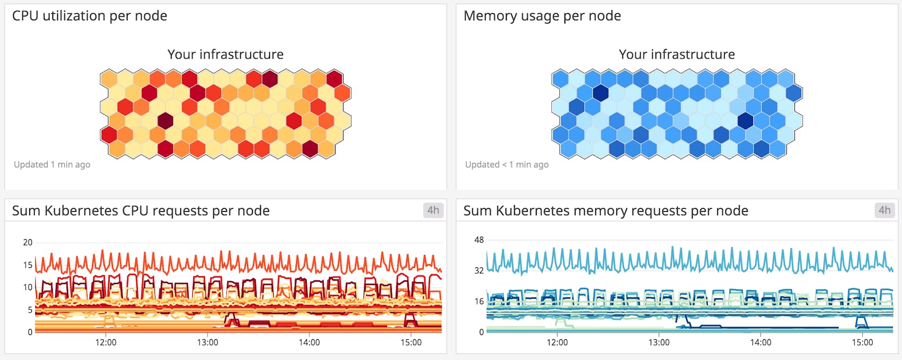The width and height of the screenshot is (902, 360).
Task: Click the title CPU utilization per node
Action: (89, 16)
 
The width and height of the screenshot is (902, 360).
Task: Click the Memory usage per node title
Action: (542, 16)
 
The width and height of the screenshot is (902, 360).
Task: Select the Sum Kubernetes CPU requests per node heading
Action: (141, 211)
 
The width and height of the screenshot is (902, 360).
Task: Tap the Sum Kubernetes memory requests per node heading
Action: (605, 211)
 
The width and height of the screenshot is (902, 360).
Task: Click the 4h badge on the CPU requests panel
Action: (433, 210)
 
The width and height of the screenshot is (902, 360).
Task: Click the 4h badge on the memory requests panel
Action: (884, 210)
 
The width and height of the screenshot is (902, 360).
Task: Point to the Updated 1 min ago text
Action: (52, 165)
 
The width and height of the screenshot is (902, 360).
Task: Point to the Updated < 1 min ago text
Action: (506, 165)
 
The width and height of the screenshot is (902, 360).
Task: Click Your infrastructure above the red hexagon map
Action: (225, 54)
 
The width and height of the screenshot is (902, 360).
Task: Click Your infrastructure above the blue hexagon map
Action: (677, 54)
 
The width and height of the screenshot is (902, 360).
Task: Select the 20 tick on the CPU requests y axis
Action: (28, 242)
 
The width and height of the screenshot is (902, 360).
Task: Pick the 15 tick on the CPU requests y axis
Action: (28, 265)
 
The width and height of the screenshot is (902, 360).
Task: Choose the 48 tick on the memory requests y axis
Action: (479, 240)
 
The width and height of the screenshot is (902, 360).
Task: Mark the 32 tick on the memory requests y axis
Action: (479, 271)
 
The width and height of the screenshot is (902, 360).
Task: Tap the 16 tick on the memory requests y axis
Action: (479, 301)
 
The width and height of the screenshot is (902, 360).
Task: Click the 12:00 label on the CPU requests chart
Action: (106, 342)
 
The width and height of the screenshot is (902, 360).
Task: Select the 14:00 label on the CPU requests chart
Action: (309, 342)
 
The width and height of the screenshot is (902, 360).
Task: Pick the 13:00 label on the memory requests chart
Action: (659, 342)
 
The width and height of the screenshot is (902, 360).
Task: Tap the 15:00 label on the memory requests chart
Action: (863, 342)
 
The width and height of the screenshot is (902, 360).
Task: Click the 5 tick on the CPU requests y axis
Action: (30, 309)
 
